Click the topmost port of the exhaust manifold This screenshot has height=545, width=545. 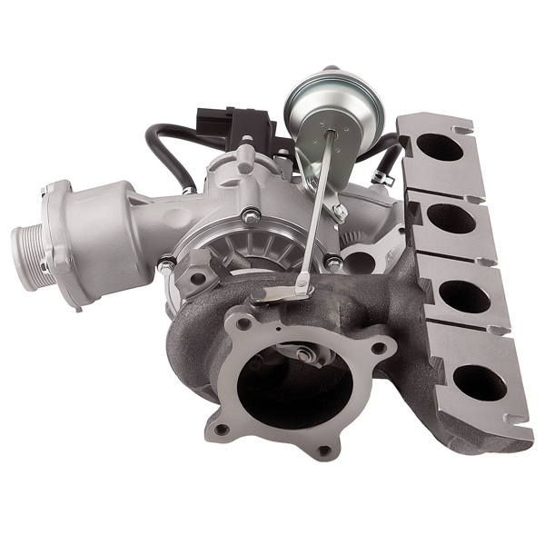coord(439,147)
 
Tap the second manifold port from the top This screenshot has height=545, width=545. coord(451,219)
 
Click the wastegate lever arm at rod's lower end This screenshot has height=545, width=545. coord(283,292)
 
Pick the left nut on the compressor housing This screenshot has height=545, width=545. coord(166,265)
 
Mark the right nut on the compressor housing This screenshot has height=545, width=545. coord(334,263)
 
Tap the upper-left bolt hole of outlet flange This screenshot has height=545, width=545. coord(243,322)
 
